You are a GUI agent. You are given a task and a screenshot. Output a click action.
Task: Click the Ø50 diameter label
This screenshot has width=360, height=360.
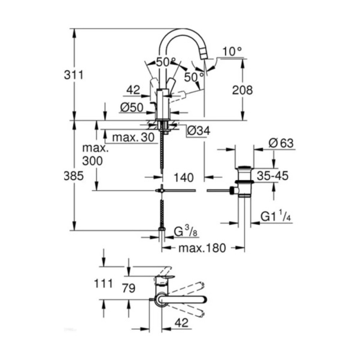pyautogui.click(x=132, y=108)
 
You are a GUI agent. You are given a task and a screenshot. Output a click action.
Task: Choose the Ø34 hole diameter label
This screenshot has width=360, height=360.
pyautogui.click(x=198, y=131)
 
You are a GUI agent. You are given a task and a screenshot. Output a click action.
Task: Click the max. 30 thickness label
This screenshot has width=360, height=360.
pyautogui.click(x=133, y=137)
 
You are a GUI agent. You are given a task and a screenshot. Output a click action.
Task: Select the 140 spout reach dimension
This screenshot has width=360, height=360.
pyautogui.click(x=183, y=177)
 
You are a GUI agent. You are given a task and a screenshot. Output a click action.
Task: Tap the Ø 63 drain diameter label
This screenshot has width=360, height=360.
pyautogui.click(x=281, y=143)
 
